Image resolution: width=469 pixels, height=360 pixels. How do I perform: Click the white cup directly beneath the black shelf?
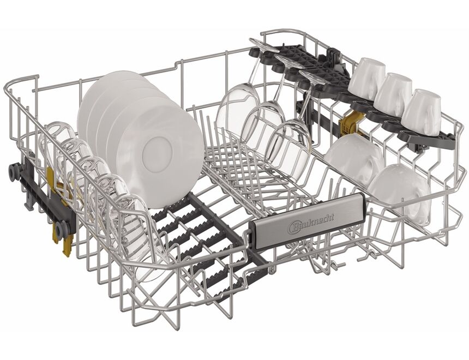tap(355, 158)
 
